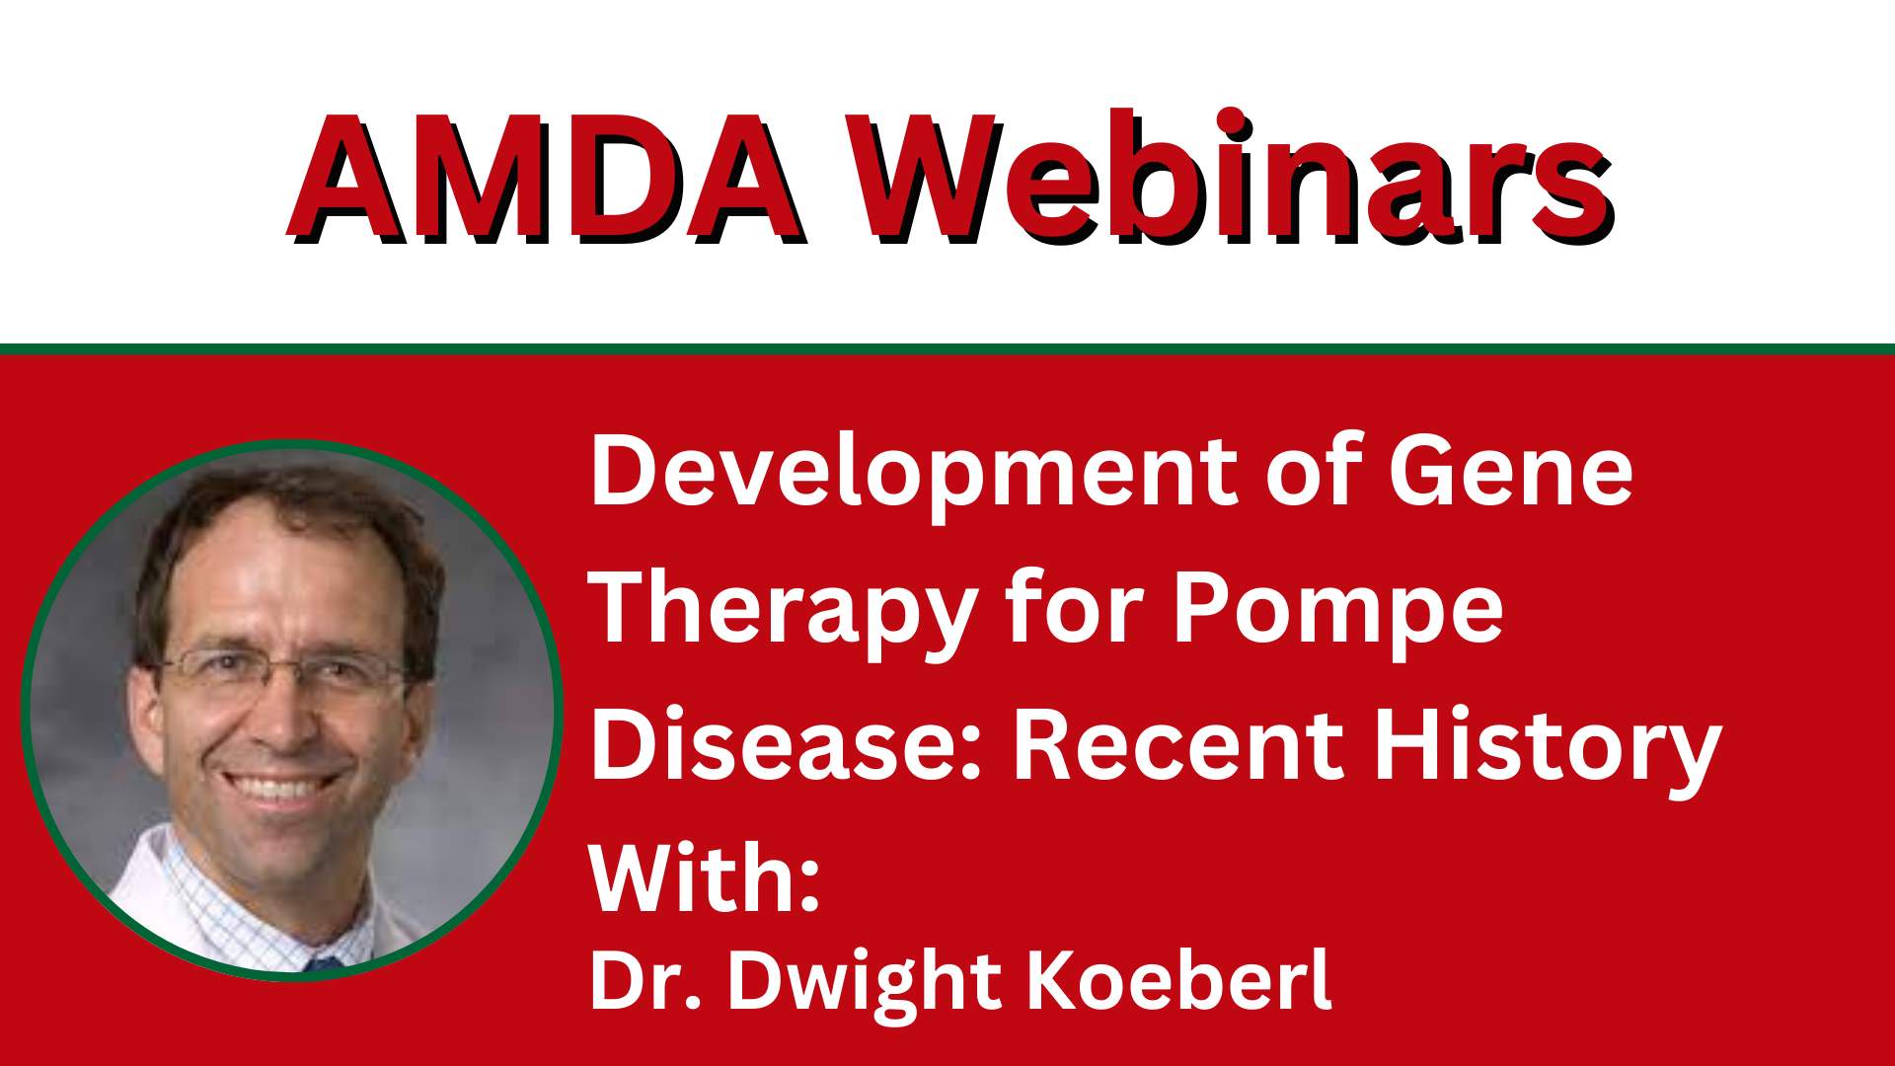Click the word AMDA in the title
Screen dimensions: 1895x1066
[x=546, y=178]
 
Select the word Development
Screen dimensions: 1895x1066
[x=914, y=473]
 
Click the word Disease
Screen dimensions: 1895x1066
[x=787, y=744]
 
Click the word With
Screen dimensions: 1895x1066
[x=704, y=878]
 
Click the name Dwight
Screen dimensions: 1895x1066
[x=865, y=985]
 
